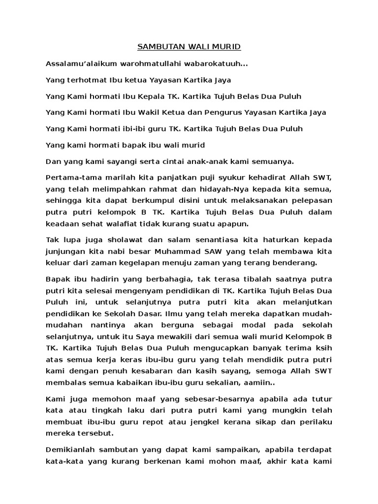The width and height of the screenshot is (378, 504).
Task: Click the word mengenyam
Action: click(151, 290)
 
